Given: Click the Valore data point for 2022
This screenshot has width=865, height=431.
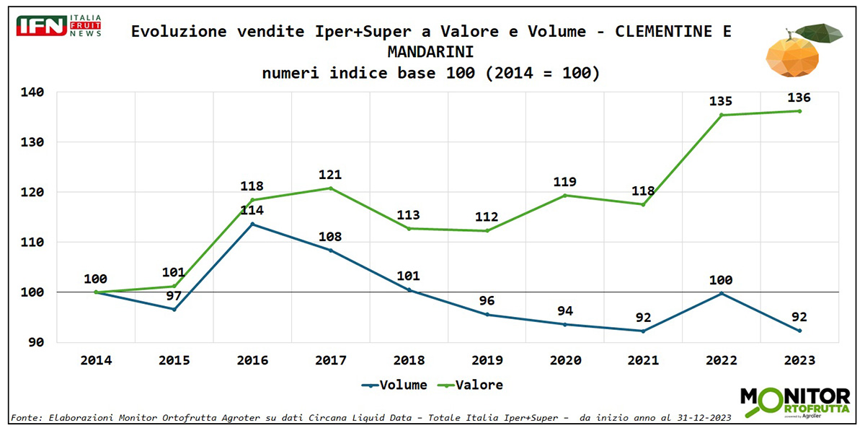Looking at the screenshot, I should (721, 115).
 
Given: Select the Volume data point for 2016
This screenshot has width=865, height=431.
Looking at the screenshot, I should (252, 224).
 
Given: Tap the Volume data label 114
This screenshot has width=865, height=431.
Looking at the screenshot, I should (252, 211).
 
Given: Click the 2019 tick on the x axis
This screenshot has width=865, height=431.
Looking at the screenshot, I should (487, 360).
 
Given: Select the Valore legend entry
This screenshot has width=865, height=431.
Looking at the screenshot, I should (473, 385).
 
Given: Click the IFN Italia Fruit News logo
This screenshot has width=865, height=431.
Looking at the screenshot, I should (58, 25).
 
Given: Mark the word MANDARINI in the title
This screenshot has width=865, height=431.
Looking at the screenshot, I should (430, 52).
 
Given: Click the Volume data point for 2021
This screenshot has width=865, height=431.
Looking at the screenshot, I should (643, 331).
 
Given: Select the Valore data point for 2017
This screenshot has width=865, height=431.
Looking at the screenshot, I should (330, 188).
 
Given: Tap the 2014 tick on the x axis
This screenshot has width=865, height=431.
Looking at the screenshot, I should (96, 360).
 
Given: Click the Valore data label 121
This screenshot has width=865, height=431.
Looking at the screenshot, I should (330, 175).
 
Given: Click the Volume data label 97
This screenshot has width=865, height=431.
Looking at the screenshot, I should (174, 296).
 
